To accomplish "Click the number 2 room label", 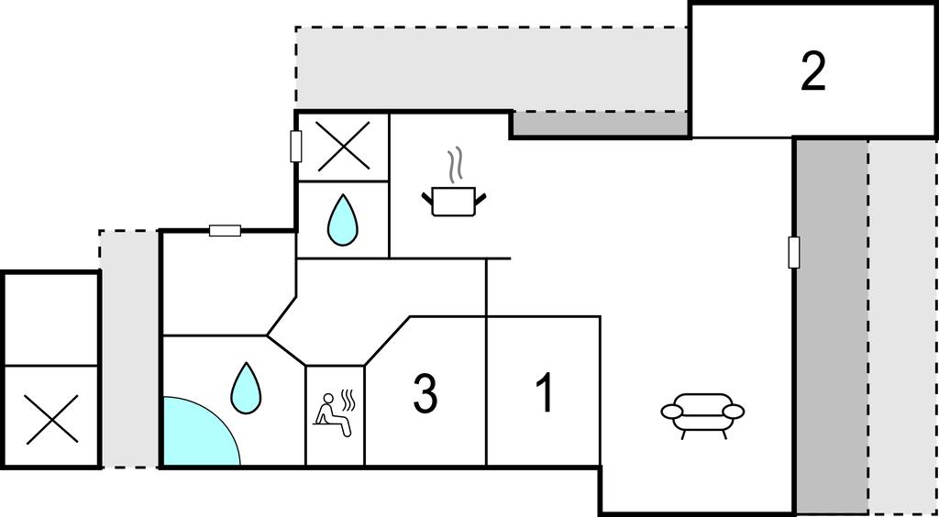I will tap(812, 71).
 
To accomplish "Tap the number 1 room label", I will tap(545, 392).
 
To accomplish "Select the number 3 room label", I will tap(424, 392).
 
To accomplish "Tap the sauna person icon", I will tap(335, 412).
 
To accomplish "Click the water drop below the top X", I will tap(343, 220).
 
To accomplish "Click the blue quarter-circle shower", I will tap(194, 436).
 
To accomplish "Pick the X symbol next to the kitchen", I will tap(343, 146).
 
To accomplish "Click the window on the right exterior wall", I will tap(794, 252).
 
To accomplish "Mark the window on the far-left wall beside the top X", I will tap(296, 146).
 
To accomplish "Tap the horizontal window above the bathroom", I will tap(225, 230).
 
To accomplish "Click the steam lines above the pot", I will tap(455, 167).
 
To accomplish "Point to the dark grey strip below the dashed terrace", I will tap(601, 125).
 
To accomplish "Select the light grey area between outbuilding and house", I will tap(129, 348).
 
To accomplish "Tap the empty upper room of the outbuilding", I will tap(51, 318).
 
